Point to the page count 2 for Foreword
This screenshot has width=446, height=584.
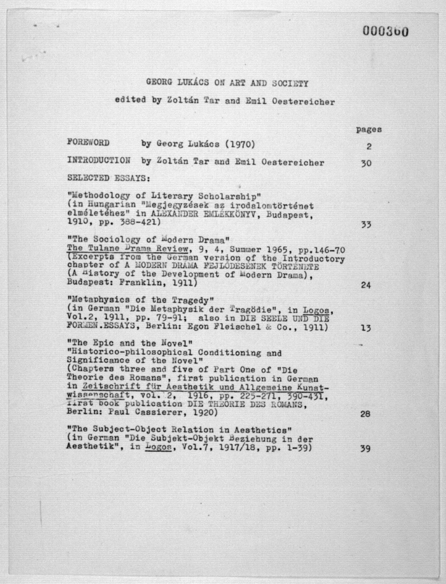[x=369, y=146]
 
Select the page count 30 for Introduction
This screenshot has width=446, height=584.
[x=366, y=163]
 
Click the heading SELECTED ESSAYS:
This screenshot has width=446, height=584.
[x=109, y=178]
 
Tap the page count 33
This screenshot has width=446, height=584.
[x=366, y=225]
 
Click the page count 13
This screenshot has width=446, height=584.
[x=366, y=328]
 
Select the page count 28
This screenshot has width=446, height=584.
[x=365, y=414]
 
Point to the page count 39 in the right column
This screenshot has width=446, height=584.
[x=365, y=449]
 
